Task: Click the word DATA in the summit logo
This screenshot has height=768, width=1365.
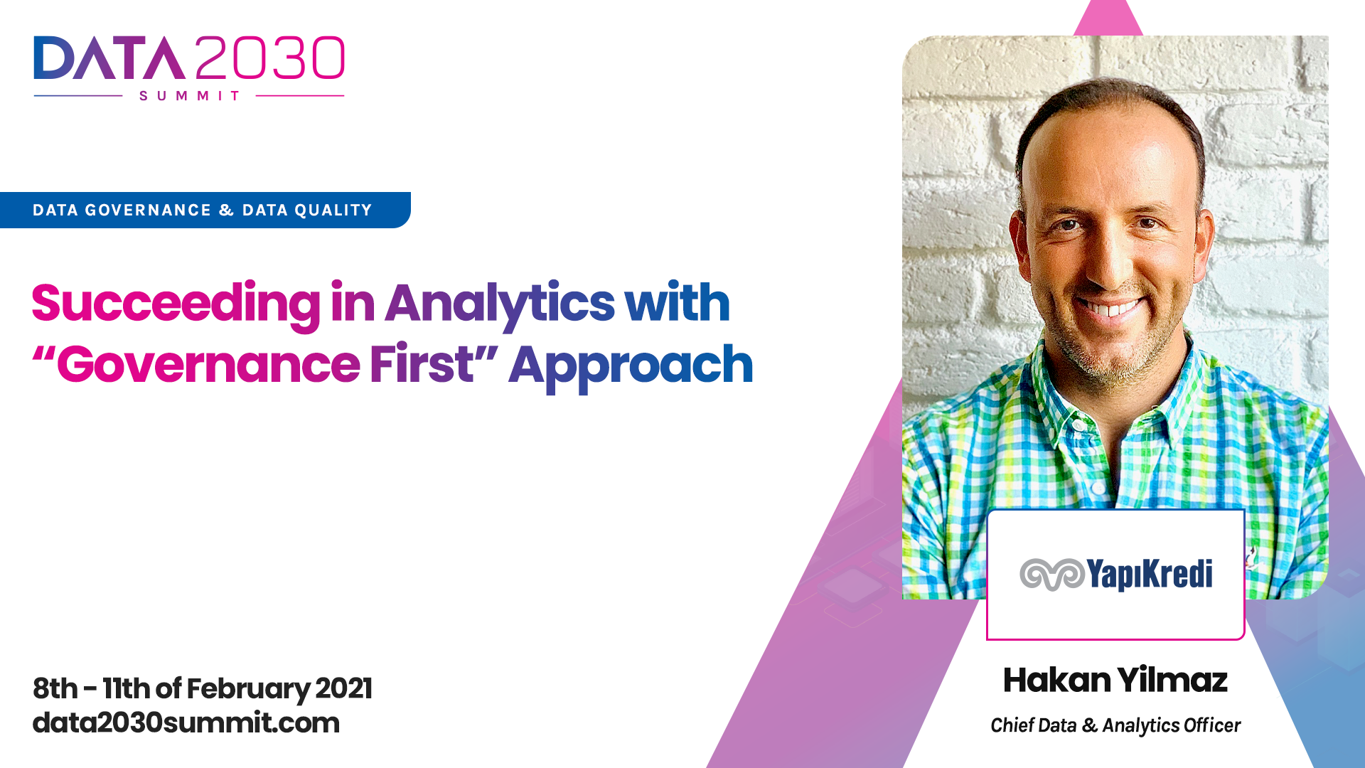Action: click(x=109, y=58)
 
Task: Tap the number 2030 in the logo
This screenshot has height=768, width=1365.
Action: click(x=270, y=58)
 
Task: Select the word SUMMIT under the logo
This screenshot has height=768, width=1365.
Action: click(x=189, y=96)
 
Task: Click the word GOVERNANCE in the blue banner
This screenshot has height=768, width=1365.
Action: click(x=148, y=210)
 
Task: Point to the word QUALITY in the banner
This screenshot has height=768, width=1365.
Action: click(x=333, y=210)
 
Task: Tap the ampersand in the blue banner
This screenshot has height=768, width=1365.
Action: click(x=227, y=210)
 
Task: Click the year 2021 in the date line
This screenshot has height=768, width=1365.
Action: click(x=343, y=688)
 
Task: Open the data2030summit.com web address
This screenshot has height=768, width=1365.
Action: click(x=186, y=723)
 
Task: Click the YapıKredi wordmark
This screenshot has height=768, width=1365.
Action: click(x=1150, y=574)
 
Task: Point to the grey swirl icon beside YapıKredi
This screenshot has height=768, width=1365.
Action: click(x=1052, y=575)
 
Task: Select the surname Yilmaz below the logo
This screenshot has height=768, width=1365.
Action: click(x=1173, y=680)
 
